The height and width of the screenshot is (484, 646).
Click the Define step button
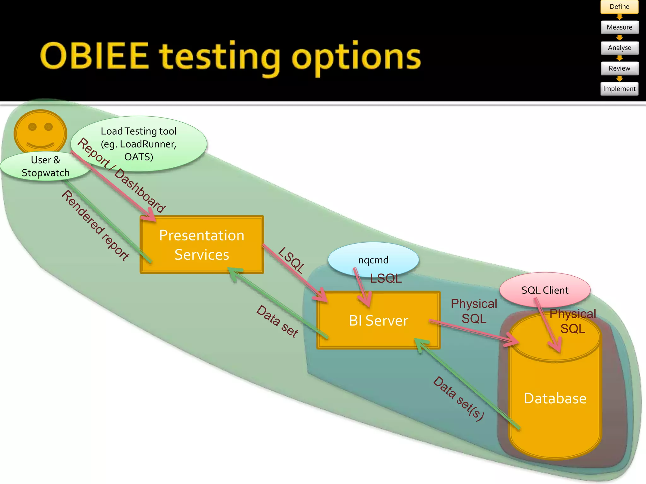tap(619, 7)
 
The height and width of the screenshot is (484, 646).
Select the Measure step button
tap(619, 27)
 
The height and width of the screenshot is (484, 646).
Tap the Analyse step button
tap(619, 48)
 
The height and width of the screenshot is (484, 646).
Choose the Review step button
tap(619, 68)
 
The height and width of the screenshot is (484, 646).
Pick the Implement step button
tap(619, 89)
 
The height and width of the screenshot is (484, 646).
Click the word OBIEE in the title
tap(94, 56)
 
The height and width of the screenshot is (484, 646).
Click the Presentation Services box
tap(202, 245)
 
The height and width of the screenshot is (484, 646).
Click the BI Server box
tap(378, 320)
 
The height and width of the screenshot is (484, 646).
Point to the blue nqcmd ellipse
tap(373, 259)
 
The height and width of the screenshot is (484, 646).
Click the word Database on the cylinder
tap(555, 399)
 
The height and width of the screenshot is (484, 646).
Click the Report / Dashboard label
tap(121, 175)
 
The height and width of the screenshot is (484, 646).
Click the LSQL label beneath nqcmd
tap(386, 279)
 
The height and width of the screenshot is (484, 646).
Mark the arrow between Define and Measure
tap(619, 17)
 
